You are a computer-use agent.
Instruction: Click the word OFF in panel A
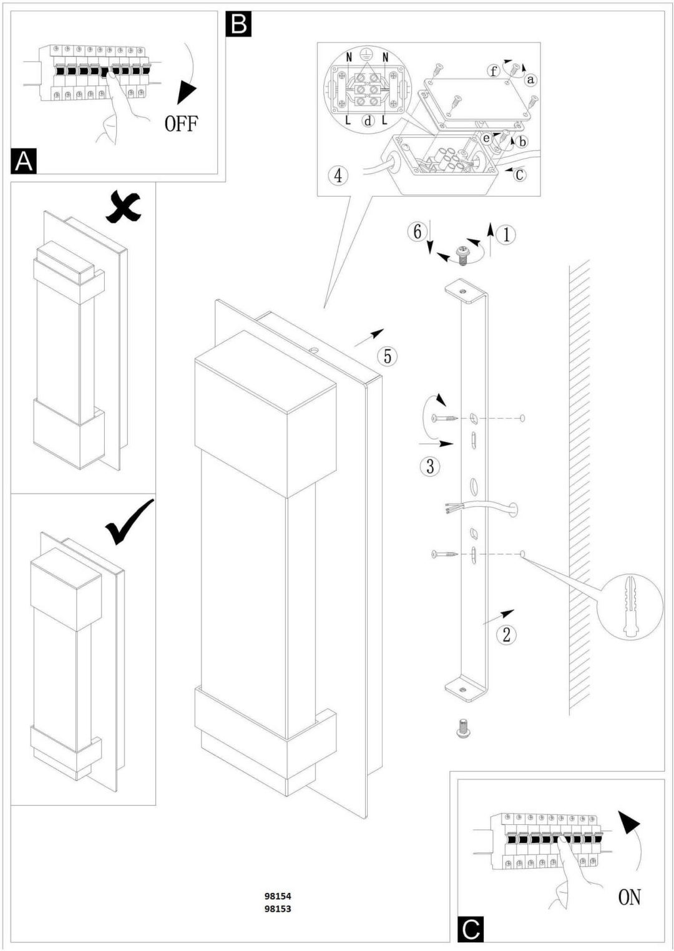(181, 124)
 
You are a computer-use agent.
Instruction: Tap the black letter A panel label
(23, 161)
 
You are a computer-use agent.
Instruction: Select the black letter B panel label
(238, 24)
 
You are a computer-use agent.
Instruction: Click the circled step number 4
(338, 175)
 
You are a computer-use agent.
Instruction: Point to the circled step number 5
(388, 356)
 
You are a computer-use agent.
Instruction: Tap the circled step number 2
(506, 635)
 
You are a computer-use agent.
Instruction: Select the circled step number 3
(430, 466)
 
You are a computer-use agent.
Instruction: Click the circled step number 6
(417, 232)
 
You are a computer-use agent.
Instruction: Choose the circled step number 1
(506, 235)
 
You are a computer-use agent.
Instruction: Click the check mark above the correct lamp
(129, 522)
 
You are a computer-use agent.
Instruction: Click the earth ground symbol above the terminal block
(365, 54)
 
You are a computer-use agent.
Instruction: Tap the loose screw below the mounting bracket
(463, 728)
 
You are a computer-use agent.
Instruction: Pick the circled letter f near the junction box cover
(493, 71)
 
